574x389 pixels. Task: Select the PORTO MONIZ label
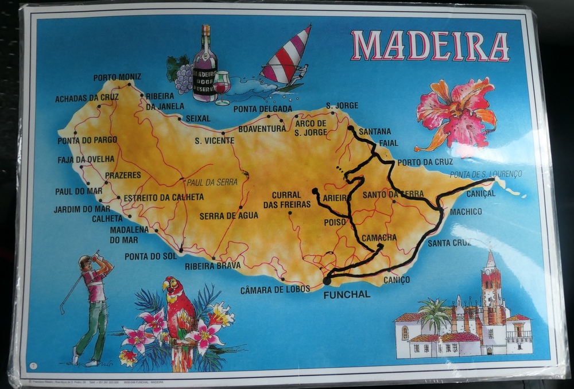pyautogui.click(x=117, y=77)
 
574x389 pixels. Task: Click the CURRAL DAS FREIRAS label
pyautogui.click(x=286, y=200)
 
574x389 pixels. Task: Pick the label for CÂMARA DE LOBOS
pyautogui.click(x=275, y=289)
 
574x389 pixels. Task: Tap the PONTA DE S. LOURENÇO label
pyautogui.click(x=486, y=174)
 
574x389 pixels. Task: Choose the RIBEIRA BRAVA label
pyautogui.click(x=212, y=266)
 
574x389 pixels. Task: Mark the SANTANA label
pyautogui.click(x=374, y=131)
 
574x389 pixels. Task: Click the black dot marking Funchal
pyautogui.click(x=327, y=281)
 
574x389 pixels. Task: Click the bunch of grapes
pyautogui.click(x=183, y=78)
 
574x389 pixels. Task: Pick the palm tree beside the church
pyautogui.click(x=435, y=315)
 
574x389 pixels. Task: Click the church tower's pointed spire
pyautogui.click(x=490, y=259)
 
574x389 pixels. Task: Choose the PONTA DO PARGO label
pyautogui.click(x=87, y=139)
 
